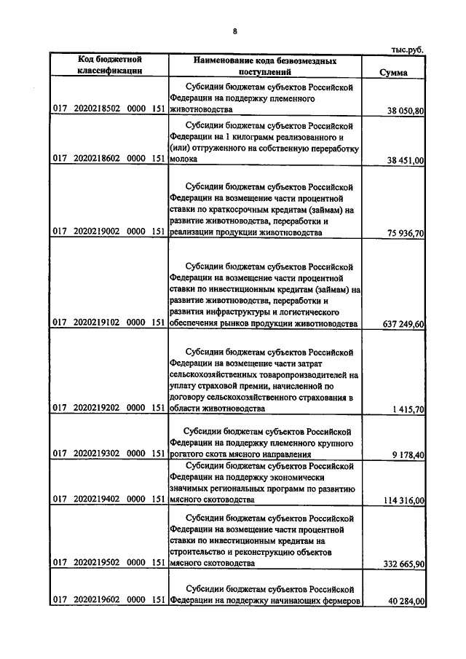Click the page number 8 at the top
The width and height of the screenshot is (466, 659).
[235, 31]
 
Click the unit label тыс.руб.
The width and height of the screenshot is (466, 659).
[407, 49]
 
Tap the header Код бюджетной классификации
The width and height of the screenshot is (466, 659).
[110, 65]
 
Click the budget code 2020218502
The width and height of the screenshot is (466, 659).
[97, 110]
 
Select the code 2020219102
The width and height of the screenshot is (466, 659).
[97, 323]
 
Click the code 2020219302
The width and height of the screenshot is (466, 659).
[97, 454]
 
